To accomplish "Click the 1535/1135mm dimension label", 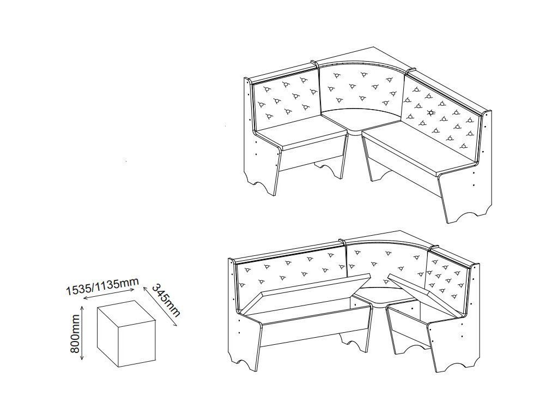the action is point(102,286).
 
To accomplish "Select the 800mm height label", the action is point(75,333).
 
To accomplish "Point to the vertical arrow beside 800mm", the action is point(83,333).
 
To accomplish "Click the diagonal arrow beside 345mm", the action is point(160,306).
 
